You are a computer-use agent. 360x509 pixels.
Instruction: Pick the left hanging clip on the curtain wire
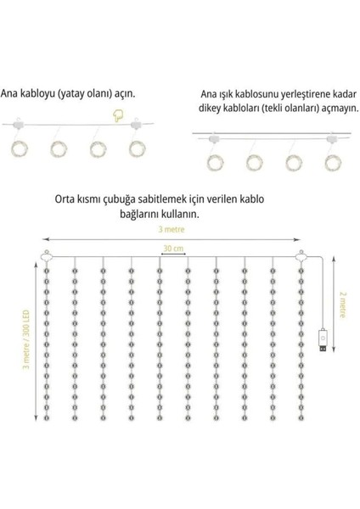[x=45, y=257]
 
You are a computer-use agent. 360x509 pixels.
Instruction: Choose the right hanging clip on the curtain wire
[x=299, y=257]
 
